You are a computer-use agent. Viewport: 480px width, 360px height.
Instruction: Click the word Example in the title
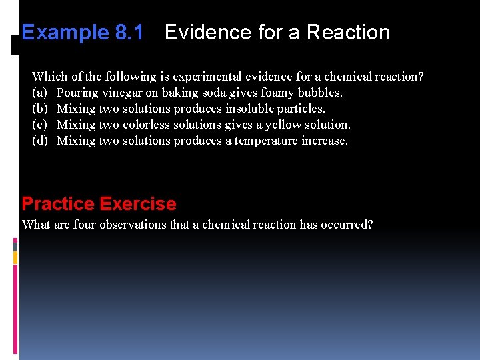click(x=64, y=33)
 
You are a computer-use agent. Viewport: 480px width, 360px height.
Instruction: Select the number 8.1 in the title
click(x=128, y=33)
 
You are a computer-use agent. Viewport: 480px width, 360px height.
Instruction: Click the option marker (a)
click(x=39, y=93)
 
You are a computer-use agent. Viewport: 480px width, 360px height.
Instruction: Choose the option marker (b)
click(x=39, y=109)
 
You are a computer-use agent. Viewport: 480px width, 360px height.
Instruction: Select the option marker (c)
click(x=39, y=125)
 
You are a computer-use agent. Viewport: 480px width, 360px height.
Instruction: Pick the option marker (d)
click(x=39, y=141)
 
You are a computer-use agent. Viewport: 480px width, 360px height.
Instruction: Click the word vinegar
click(x=119, y=93)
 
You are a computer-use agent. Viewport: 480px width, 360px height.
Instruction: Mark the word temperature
click(x=267, y=141)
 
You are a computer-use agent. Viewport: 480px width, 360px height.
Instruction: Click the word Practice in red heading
click(x=57, y=204)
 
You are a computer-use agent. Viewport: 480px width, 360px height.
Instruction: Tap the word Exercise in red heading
click(x=138, y=204)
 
